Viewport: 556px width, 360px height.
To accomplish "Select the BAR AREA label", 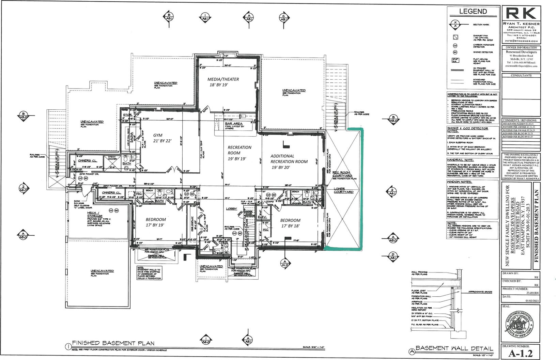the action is [234, 124].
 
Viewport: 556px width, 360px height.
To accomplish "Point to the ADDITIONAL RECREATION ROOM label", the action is [289, 161].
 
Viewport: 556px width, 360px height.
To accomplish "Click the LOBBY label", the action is [231, 209].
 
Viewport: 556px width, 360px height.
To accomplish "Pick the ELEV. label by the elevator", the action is [262, 217].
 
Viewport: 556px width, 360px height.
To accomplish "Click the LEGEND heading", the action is [473, 11].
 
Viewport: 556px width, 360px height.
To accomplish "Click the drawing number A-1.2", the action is [521, 354].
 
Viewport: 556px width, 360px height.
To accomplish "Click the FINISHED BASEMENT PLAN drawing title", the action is [113, 343].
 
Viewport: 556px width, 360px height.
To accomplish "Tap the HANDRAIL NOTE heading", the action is [460, 160].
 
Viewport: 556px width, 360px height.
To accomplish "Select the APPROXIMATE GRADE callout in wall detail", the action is [480, 292].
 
